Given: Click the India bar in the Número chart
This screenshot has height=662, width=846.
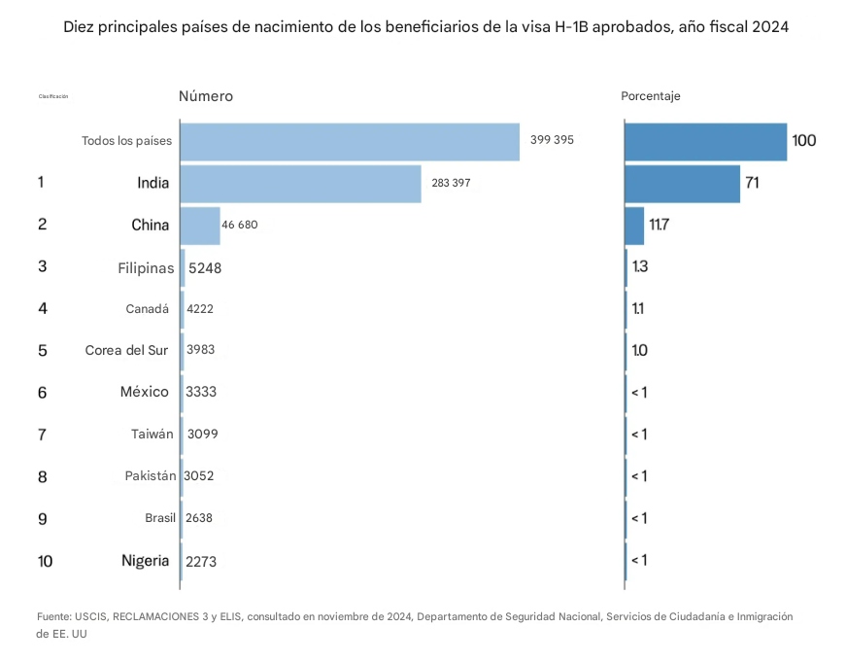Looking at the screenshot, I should point(300,183).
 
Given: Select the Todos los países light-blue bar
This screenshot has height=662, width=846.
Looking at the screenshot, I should point(350,141).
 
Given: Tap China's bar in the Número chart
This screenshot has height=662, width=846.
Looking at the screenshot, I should point(200,226).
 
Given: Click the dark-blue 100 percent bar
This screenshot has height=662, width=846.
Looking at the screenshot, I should point(705,141).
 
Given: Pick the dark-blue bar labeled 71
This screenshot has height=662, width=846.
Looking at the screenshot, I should point(682,183).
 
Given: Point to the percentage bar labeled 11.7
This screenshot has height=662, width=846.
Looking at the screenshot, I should point(634,226).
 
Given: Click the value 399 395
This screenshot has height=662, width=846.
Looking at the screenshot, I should point(552,140).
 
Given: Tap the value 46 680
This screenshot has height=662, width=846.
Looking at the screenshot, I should point(240,226).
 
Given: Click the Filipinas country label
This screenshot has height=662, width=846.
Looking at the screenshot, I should point(146,267).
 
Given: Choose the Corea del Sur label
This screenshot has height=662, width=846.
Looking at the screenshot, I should point(127,351).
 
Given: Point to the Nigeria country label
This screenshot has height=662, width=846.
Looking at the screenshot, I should point(146,561).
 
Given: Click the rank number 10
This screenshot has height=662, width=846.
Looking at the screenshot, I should point(46,561).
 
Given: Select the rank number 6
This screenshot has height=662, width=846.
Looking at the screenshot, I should point(42,393).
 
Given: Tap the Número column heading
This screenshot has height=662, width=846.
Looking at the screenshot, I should point(206,96).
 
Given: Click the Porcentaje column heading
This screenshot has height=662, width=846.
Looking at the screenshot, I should point(651,96).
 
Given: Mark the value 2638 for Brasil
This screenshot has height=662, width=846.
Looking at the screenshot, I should point(199,518).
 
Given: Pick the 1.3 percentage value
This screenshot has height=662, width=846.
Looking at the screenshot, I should point(640,267).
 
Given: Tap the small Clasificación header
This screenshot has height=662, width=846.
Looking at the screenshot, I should point(53,96).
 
